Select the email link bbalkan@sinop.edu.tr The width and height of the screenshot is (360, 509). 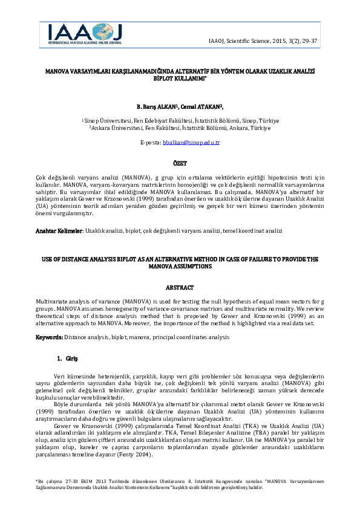[197, 143]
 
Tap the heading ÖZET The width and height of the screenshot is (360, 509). [180, 163]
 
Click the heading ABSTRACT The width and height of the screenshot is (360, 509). [180, 288]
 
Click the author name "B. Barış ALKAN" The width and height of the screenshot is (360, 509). [155, 106]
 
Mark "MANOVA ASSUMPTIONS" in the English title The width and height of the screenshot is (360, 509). [180, 266]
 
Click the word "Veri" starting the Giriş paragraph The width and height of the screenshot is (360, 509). [59, 375]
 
